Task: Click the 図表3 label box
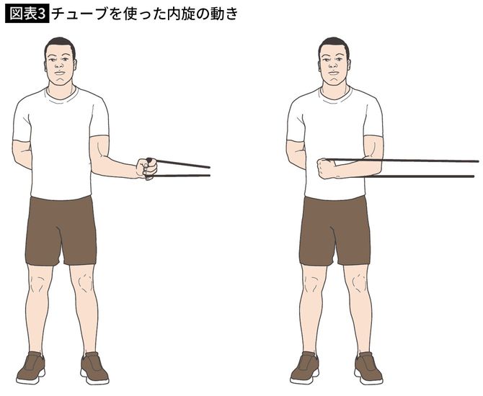pos(27,13)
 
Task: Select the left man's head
pos(60,63)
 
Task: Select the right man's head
pos(333,63)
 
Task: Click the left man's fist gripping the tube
pos(147,168)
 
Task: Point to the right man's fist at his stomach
pos(327,168)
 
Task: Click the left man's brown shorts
pos(61,229)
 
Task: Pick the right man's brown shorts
pos(335,229)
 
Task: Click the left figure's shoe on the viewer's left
pos(30,368)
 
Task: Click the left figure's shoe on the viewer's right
pos(94,368)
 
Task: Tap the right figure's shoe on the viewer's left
pos(304,368)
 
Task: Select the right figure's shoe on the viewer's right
pos(368,368)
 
